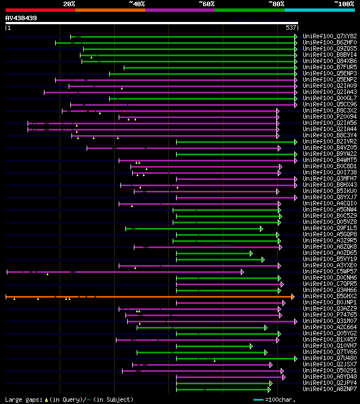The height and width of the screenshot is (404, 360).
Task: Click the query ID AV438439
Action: pyautogui.click(x=21, y=18)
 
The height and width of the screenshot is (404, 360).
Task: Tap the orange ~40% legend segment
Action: pyautogui.click(x=110, y=10)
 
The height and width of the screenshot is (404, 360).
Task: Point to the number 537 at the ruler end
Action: pyautogui.click(x=291, y=27)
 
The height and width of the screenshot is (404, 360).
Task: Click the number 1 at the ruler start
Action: pyautogui.click(x=8, y=27)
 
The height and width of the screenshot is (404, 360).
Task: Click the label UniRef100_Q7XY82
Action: pyautogui.click(x=330, y=36)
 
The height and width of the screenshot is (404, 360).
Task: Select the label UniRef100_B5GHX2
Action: pyautogui.click(x=330, y=297)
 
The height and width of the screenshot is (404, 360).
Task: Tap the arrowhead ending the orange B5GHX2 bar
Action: pyautogui.click(x=292, y=297)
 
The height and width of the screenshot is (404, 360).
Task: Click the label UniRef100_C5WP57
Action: pyautogui.click(x=330, y=272)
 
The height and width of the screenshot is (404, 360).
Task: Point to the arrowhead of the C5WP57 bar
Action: pyautogui.click(x=242, y=272)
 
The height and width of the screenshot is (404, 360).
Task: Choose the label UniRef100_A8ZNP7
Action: pyautogui.click(x=330, y=389)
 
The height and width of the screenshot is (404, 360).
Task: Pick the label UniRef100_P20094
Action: pyautogui.click(x=330, y=116)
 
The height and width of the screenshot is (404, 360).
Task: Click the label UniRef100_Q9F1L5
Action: pyautogui.click(x=330, y=228)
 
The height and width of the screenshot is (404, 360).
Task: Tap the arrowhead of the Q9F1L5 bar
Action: pyautogui.click(x=261, y=228)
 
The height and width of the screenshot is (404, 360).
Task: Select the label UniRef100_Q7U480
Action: pyautogui.click(x=330, y=358)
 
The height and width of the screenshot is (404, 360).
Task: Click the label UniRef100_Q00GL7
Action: pyautogui.click(x=330, y=98)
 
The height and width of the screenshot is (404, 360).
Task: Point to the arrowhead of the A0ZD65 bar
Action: pyautogui.click(x=251, y=253)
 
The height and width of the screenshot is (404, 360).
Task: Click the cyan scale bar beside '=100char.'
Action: pyautogui.click(x=259, y=399)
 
